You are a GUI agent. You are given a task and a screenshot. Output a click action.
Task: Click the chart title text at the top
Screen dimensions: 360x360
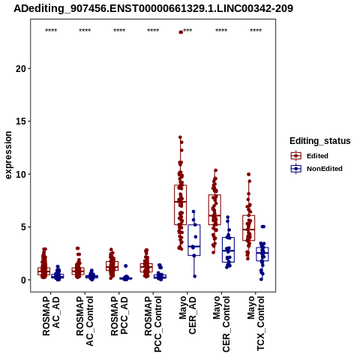(x=153, y=8)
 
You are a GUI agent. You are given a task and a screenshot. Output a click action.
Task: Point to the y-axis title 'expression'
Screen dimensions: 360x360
(x=8, y=155)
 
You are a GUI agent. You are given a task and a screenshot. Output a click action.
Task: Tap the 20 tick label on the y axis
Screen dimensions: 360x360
(x=21, y=68)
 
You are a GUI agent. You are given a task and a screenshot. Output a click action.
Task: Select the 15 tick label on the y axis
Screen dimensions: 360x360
(x=21, y=121)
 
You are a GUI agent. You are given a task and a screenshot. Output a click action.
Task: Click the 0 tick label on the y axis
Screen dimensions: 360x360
(x=24, y=280)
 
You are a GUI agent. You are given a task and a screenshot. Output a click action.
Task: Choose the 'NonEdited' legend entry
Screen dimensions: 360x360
(x=316, y=169)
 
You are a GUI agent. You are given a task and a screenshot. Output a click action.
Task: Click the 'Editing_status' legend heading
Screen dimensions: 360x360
(x=320, y=141)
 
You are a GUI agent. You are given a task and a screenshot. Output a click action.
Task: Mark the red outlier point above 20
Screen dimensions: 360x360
(x=181, y=32)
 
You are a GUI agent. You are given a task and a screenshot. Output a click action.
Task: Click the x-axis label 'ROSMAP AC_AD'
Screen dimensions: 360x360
(x=51, y=316)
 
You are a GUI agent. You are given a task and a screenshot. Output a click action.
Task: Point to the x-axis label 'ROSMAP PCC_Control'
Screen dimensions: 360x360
(x=153, y=324)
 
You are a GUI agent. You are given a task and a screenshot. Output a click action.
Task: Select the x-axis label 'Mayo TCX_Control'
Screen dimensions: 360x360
(x=256, y=323)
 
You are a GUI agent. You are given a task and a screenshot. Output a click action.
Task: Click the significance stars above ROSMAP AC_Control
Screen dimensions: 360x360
(x=85, y=31)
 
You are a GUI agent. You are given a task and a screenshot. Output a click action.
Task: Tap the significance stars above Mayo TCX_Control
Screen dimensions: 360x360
(x=256, y=31)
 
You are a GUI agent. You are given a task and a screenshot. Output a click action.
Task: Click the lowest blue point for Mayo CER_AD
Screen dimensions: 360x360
(x=195, y=276)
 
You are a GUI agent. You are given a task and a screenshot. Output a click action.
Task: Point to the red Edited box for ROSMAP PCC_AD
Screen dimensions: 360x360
(x=112, y=265)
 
